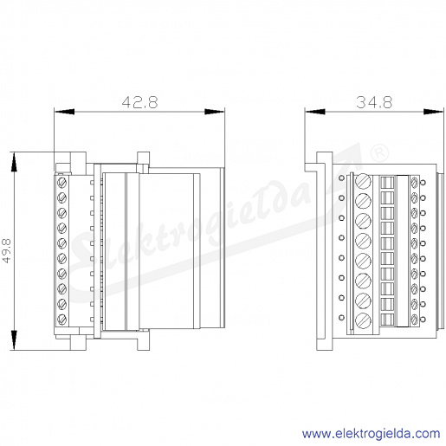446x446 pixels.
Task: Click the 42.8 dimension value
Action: pyautogui.click(x=139, y=102)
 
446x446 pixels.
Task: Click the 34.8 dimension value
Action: pyautogui.click(x=374, y=102)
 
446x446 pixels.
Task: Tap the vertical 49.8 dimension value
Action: pyautogui.click(x=6, y=250)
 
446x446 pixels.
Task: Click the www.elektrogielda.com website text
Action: pyautogui.click(x=371, y=434)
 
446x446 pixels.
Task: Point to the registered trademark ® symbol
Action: pyautogui.click(x=379, y=152)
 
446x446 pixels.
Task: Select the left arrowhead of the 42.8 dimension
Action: pyautogui.click(x=64, y=112)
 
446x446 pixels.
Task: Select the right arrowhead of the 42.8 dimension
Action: pyautogui.click(x=215, y=112)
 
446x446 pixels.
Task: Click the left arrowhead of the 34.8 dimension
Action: pyautogui.click(x=315, y=112)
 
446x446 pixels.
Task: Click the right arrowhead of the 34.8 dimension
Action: pyautogui.click(x=433, y=112)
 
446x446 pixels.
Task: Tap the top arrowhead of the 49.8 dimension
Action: pyautogui.click(x=14, y=162)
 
